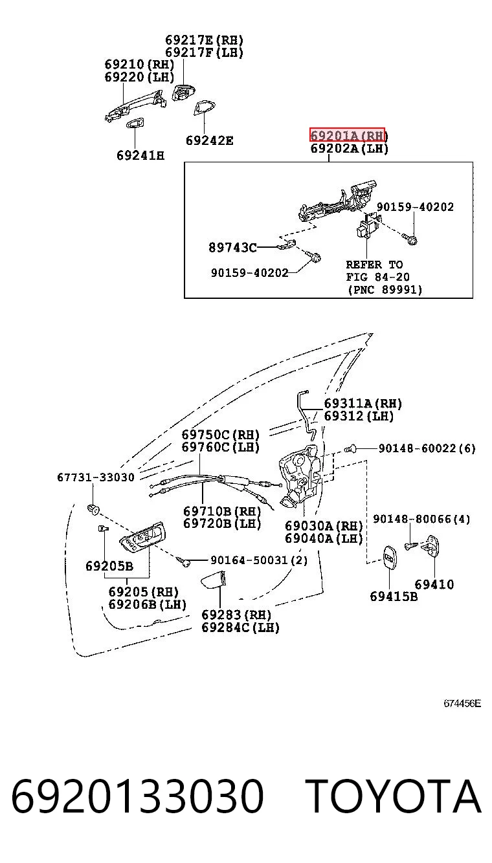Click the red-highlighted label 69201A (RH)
[x=347, y=135]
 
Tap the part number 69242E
[x=209, y=140]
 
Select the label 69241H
[x=140, y=155]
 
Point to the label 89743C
[x=232, y=247]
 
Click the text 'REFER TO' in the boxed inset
[x=374, y=265]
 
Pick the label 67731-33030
[x=96, y=477]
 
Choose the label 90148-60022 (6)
[x=427, y=448]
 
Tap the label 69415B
[x=394, y=596]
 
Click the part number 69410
[x=434, y=584]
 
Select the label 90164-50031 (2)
[x=259, y=560]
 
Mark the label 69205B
[x=109, y=566]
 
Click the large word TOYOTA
[x=394, y=796]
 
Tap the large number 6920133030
[x=137, y=796]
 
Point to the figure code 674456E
[x=462, y=703]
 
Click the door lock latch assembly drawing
[x=300, y=475]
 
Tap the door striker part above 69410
[x=432, y=546]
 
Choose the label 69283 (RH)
[x=236, y=615]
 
